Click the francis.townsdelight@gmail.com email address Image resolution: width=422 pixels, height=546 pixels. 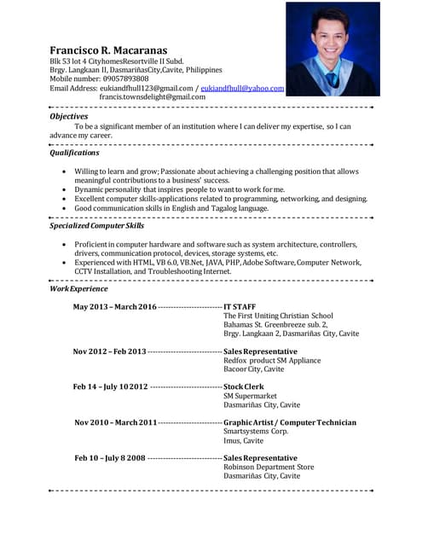tap(153, 97)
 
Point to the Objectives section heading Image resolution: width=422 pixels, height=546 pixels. tap(68, 116)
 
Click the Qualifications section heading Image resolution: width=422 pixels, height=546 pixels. tap(74, 153)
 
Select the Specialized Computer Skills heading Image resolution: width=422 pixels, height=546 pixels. tap(96, 225)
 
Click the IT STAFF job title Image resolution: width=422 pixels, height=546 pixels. tap(240, 306)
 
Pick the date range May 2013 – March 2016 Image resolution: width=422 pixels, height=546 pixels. tap(114, 306)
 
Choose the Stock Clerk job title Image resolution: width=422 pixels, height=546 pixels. tap(244, 386)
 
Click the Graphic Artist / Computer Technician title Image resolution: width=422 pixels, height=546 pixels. tap(290, 422)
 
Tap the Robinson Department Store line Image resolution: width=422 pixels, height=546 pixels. tap(269, 468)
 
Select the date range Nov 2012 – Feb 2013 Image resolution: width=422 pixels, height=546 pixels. tap(109, 351)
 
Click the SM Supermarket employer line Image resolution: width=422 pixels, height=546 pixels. tap(250, 396)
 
